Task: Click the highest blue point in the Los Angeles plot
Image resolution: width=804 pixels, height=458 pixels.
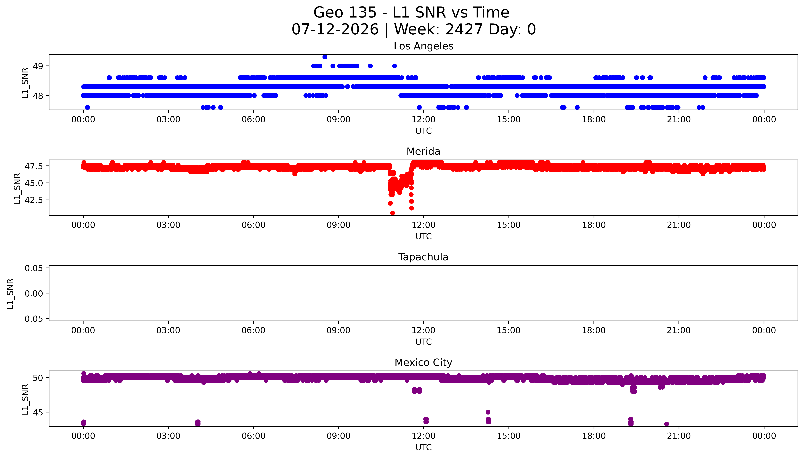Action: tap(325, 57)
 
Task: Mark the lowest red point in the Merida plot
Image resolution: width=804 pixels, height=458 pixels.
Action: tap(392, 213)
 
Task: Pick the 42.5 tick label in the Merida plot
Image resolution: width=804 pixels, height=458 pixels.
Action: tap(34, 200)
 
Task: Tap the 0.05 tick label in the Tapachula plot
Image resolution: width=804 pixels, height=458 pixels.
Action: tap(34, 268)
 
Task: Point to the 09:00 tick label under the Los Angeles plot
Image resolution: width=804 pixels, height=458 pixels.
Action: tap(338, 120)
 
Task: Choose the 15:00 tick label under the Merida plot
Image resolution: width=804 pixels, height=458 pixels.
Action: tap(508, 225)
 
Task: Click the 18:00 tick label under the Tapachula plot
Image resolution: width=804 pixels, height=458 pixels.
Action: tap(594, 330)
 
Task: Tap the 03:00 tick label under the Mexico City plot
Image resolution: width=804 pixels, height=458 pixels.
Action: tap(168, 436)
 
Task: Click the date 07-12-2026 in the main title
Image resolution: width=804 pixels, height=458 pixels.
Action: tap(335, 29)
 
